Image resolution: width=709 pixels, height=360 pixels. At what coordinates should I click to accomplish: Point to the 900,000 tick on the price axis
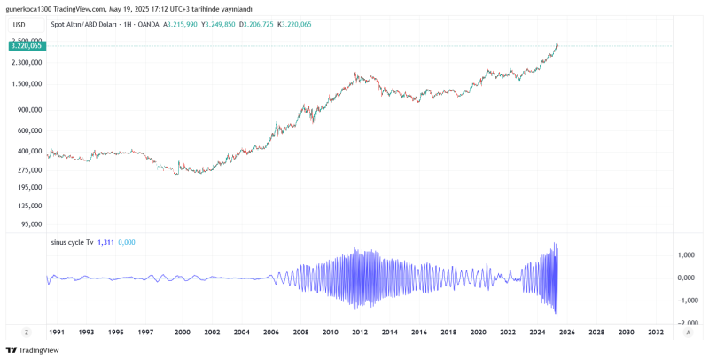29,110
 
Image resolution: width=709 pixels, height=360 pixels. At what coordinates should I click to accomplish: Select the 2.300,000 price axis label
27,63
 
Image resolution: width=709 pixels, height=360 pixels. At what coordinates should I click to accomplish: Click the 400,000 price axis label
29,151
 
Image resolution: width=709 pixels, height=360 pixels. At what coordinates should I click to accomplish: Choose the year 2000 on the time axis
182,332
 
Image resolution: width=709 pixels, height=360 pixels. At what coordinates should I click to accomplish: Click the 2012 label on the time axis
360,332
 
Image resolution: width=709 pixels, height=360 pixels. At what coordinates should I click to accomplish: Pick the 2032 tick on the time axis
657,332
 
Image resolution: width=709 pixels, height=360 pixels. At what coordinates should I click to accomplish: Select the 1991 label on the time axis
56,332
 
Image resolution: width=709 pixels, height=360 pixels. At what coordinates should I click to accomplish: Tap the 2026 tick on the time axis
567,332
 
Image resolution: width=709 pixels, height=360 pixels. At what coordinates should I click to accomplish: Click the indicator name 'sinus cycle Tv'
73,242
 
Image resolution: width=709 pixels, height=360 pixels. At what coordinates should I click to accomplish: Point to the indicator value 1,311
105,242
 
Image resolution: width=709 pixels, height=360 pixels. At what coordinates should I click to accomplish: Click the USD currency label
19,26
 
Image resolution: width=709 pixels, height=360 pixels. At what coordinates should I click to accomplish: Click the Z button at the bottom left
27,332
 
